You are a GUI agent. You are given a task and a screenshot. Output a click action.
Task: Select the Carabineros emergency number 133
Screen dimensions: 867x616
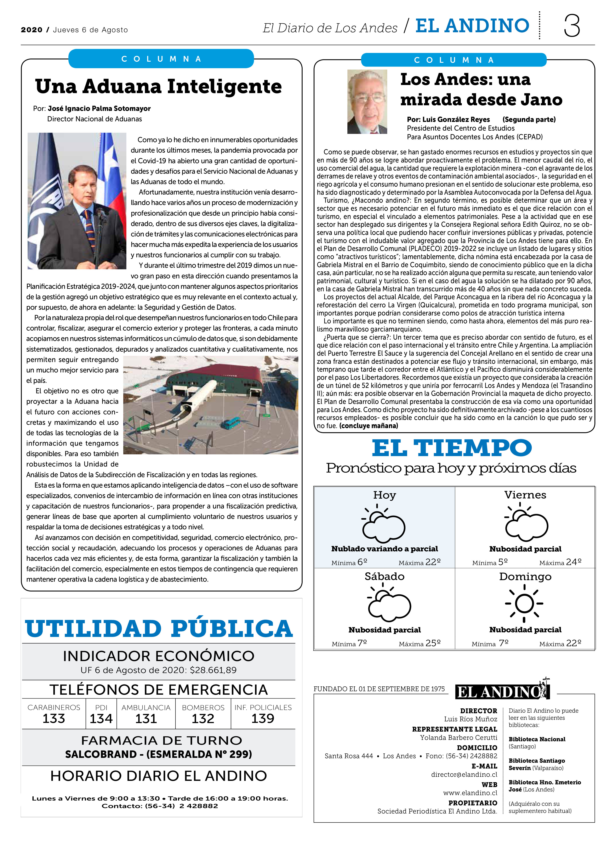(x=54, y=719)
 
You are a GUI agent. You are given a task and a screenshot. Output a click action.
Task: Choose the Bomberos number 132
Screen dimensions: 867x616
(x=203, y=719)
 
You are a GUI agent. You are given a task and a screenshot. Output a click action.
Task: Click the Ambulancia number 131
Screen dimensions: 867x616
(x=146, y=719)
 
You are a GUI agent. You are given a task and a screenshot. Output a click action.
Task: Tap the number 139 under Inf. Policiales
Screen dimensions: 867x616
(x=263, y=719)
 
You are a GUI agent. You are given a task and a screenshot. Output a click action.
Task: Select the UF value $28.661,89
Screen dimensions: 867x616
(x=213, y=670)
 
